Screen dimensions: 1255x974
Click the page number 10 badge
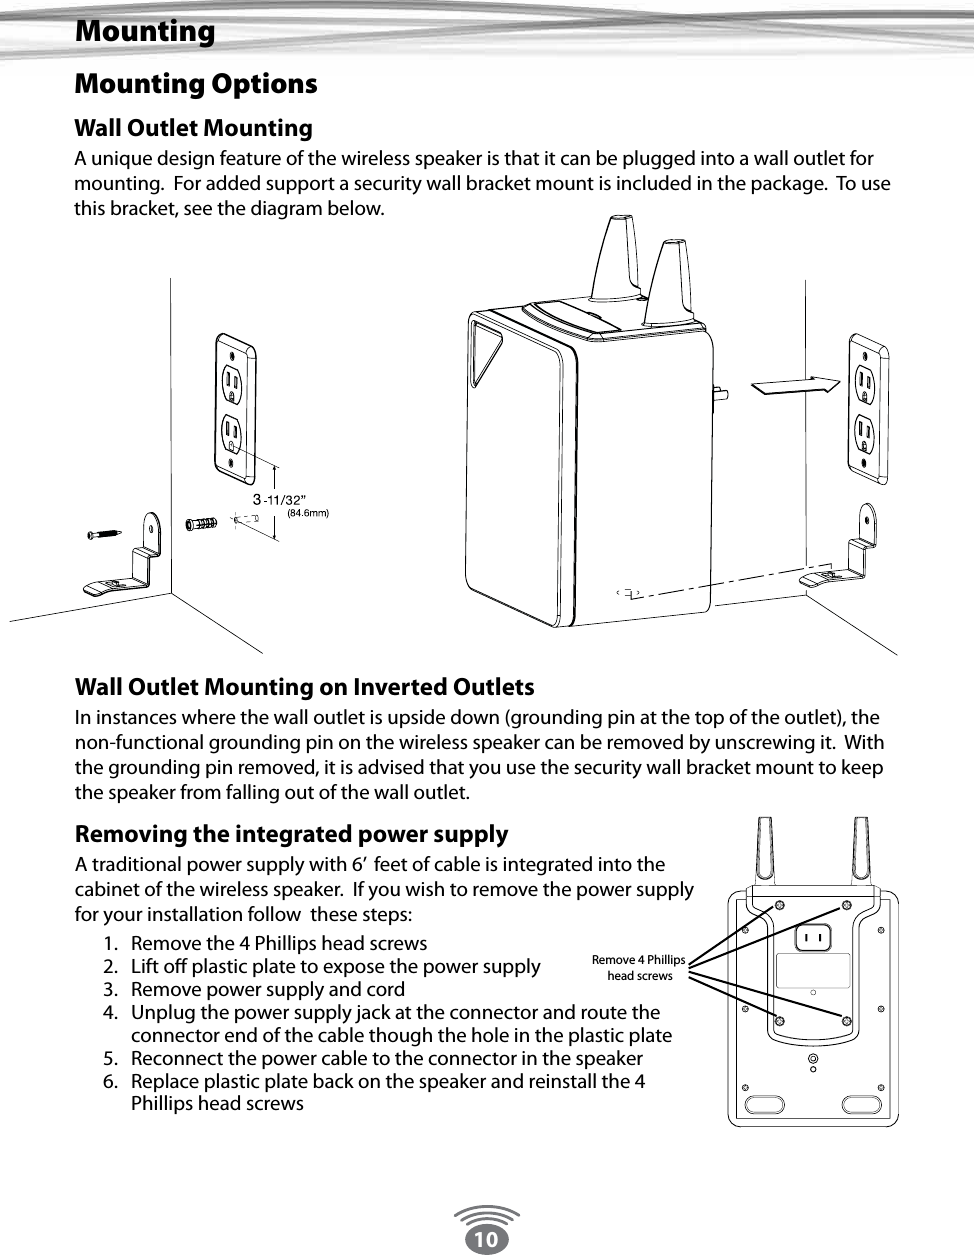486,1239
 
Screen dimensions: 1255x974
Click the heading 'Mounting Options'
196,84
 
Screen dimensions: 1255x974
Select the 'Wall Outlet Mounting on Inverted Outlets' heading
304,687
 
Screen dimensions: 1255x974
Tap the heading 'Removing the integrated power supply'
291,834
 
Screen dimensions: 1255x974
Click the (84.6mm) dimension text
307,513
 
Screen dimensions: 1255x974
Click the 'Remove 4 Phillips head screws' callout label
639,967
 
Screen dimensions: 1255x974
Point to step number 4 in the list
109,1012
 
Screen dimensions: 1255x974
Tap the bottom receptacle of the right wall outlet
864,431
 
